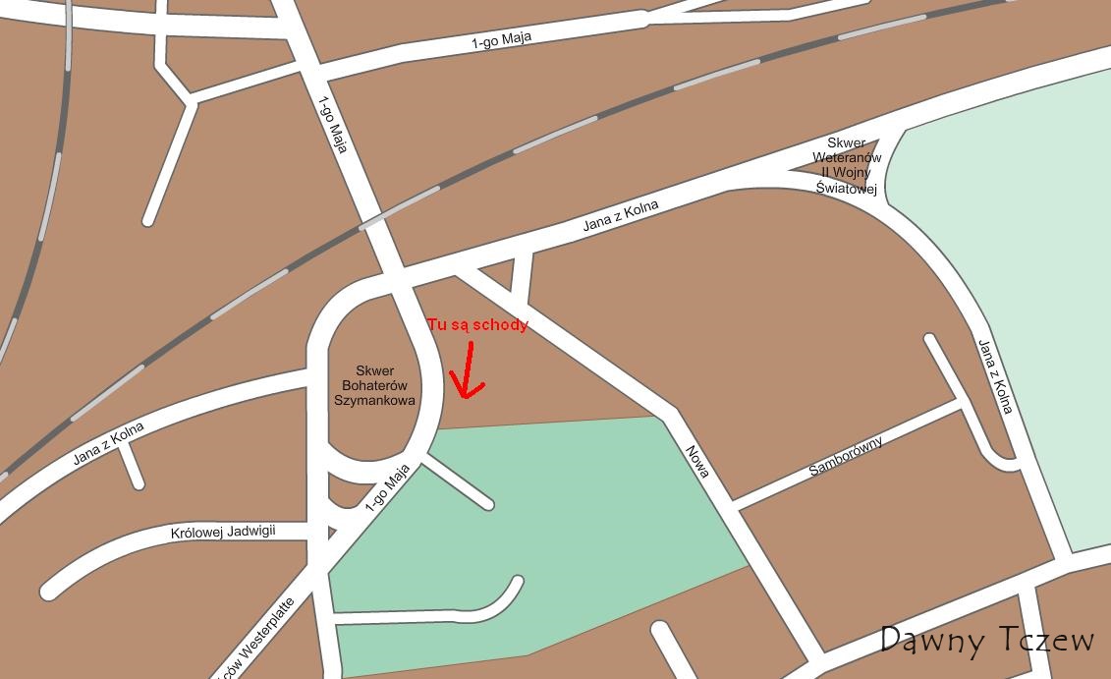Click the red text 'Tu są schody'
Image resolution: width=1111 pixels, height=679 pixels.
click(x=477, y=324)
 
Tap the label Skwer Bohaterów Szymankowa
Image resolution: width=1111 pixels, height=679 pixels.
click(x=374, y=385)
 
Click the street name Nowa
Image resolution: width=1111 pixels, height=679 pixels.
click(x=697, y=461)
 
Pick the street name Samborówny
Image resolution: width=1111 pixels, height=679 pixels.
click(x=846, y=457)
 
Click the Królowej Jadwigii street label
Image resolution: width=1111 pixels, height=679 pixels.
click(x=223, y=532)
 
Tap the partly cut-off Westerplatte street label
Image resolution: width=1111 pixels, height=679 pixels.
click(x=257, y=640)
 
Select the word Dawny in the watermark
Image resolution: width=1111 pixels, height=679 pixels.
click(x=933, y=641)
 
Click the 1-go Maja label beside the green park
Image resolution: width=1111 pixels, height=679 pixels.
click(x=386, y=488)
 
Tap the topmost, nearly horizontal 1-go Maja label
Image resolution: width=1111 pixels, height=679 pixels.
click(x=501, y=40)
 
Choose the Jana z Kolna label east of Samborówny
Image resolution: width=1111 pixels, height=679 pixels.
click(x=994, y=376)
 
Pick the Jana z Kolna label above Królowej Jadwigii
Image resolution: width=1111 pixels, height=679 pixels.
click(x=108, y=444)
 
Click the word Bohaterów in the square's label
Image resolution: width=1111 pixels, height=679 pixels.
click(x=374, y=385)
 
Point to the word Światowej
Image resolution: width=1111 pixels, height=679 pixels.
click(x=847, y=189)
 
